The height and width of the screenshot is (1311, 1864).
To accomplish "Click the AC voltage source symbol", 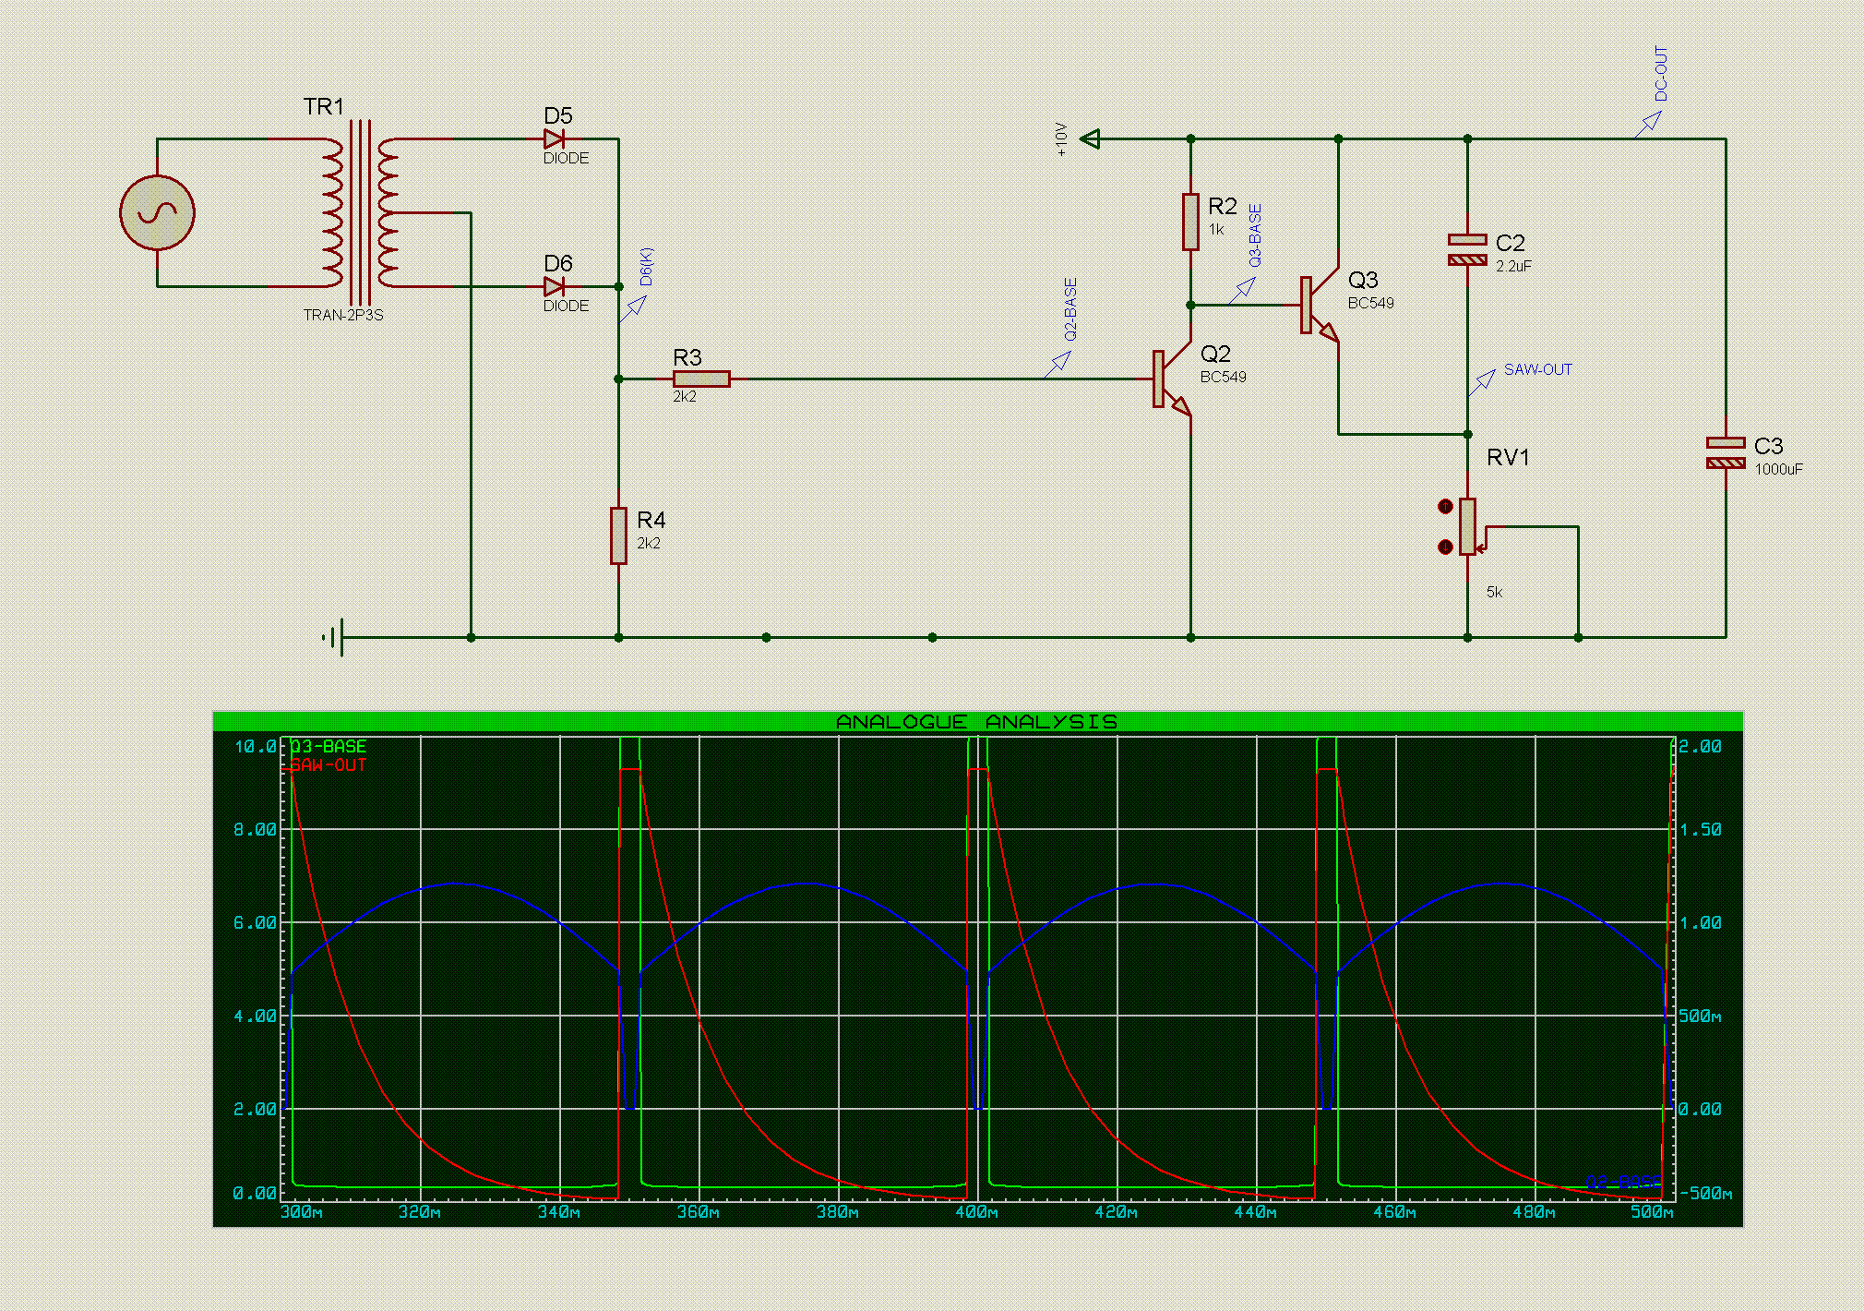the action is pos(157,213).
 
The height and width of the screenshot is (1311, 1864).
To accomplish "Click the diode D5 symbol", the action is pos(554,139).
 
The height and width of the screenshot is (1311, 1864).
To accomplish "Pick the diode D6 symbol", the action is pos(554,287).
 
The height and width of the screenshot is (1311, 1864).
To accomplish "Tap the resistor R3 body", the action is pos(701,379).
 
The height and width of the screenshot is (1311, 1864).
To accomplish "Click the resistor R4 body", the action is pos(618,535).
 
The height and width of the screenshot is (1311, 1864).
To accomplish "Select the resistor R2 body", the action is pos(1190,222).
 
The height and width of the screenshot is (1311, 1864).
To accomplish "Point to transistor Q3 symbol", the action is pos(1320,305).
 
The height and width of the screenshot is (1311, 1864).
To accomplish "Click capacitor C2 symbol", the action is pos(1467,249).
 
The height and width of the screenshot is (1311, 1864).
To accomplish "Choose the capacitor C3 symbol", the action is pos(1726,452).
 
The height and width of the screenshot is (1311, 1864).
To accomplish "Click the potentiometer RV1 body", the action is pos(1467,526).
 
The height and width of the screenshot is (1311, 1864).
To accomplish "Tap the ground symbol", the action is pos(334,637).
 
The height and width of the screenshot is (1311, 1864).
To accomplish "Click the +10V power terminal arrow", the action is pos(1090,139).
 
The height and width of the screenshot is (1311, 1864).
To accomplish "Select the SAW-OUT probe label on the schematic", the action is pos(1537,369).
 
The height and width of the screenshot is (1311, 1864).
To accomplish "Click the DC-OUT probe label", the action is pos(1661,74).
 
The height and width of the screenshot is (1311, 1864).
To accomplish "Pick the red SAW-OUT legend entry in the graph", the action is pos(329,765).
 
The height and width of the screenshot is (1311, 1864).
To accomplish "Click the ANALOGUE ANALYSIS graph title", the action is pos(976,722).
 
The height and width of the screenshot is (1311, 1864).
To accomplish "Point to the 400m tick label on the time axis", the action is pos(977,1212).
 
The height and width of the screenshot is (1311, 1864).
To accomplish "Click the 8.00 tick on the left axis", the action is pos(255,830).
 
